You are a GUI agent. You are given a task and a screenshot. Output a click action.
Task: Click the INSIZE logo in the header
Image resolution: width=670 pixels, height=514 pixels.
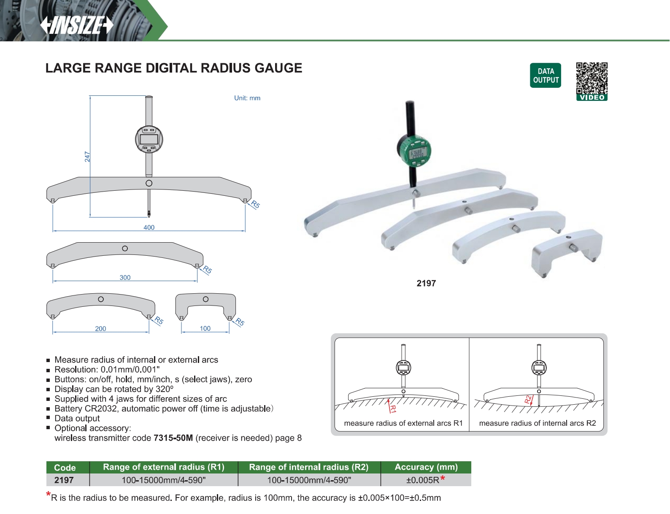tap(77, 25)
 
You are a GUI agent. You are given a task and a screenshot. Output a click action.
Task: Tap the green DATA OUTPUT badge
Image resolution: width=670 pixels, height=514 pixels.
tap(546, 76)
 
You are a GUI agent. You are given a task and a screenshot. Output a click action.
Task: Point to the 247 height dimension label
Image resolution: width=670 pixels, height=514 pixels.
tap(87, 157)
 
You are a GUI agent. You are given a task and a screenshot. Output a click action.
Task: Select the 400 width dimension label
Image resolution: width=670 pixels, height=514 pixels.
tap(149, 227)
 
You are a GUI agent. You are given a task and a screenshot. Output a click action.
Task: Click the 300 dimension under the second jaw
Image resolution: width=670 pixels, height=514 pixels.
tap(125, 278)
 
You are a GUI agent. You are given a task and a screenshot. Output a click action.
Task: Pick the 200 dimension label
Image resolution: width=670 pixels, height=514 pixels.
tap(100, 329)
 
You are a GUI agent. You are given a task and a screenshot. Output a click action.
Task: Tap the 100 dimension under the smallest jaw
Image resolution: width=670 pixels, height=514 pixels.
tap(205, 328)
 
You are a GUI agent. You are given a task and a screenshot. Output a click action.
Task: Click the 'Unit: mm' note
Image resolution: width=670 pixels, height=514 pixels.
tap(247, 98)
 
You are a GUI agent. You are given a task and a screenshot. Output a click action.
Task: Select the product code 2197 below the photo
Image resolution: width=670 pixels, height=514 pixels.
tap(426, 284)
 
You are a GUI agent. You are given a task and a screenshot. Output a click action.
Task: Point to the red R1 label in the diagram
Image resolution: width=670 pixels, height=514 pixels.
tap(393, 408)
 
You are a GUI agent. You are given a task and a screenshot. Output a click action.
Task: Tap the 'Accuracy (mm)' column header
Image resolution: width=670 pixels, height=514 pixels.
tap(426, 467)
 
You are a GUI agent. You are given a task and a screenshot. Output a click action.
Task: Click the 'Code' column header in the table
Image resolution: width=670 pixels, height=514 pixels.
tap(65, 468)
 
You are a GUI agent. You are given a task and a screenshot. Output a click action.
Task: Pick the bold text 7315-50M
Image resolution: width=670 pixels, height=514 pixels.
tap(173, 438)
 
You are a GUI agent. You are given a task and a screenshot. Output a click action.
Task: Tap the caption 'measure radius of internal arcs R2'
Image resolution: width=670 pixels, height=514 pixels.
tap(538, 423)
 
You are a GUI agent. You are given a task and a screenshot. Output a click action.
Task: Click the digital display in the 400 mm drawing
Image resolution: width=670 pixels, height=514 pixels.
tap(149, 139)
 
